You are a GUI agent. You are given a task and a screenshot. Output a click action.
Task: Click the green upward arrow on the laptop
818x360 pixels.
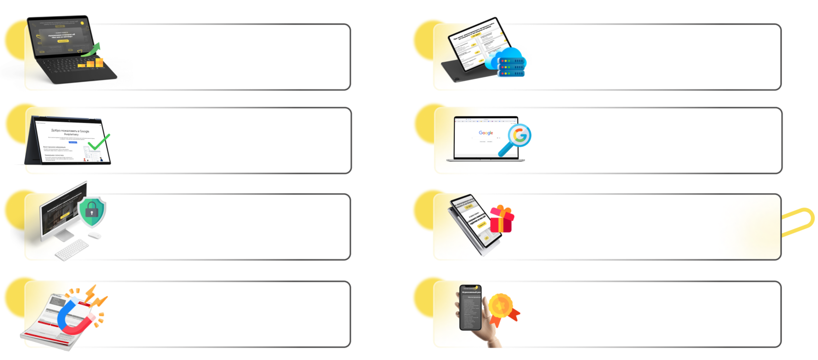tap(94, 50)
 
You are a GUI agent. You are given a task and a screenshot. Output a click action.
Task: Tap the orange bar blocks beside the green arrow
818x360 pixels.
tap(91, 63)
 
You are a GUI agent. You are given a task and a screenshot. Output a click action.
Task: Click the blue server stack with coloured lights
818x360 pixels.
tap(511, 68)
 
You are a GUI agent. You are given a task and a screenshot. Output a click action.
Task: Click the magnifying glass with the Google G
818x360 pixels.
tap(517, 137)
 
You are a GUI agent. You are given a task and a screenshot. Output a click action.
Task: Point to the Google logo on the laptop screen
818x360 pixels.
tap(485, 133)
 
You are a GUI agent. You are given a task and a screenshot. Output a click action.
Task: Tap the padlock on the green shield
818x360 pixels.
tap(92, 211)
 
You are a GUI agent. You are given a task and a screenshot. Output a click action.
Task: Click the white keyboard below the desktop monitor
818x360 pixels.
tap(71, 250)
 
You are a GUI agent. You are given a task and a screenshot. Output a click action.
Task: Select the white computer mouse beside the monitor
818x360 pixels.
tap(94, 236)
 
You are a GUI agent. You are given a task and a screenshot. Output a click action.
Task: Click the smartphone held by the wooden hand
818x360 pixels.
tap(470, 307)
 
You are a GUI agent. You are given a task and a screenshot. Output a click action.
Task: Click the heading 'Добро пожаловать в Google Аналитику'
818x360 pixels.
tap(71, 132)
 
